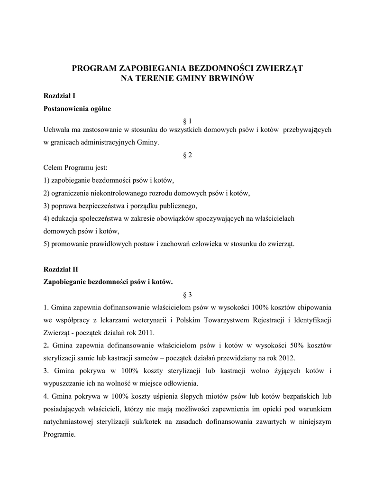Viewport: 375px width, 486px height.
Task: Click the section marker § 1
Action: coord(187,121)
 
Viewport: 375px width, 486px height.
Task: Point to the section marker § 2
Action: coord(187,156)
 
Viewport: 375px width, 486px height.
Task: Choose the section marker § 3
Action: coord(187,295)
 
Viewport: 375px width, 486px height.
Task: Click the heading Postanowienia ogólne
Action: coord(77,109)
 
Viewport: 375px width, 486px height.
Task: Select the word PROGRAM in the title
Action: coord(93,68)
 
